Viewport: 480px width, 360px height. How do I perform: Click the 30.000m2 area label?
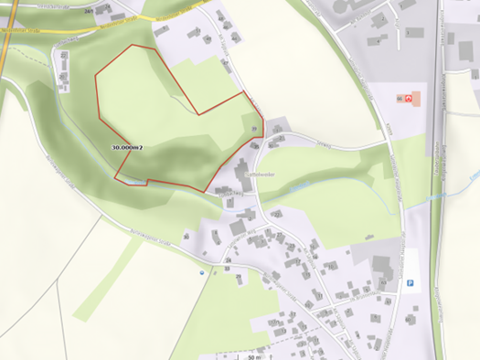pos(129,146)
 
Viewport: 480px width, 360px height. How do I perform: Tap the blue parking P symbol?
pos(411,282)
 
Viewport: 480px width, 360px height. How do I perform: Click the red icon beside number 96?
pos(409,97)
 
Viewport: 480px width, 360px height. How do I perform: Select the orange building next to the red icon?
pos(417,97)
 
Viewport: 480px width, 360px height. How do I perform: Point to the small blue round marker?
pos(202,270)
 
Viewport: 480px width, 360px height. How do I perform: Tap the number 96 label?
pos(398,97)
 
